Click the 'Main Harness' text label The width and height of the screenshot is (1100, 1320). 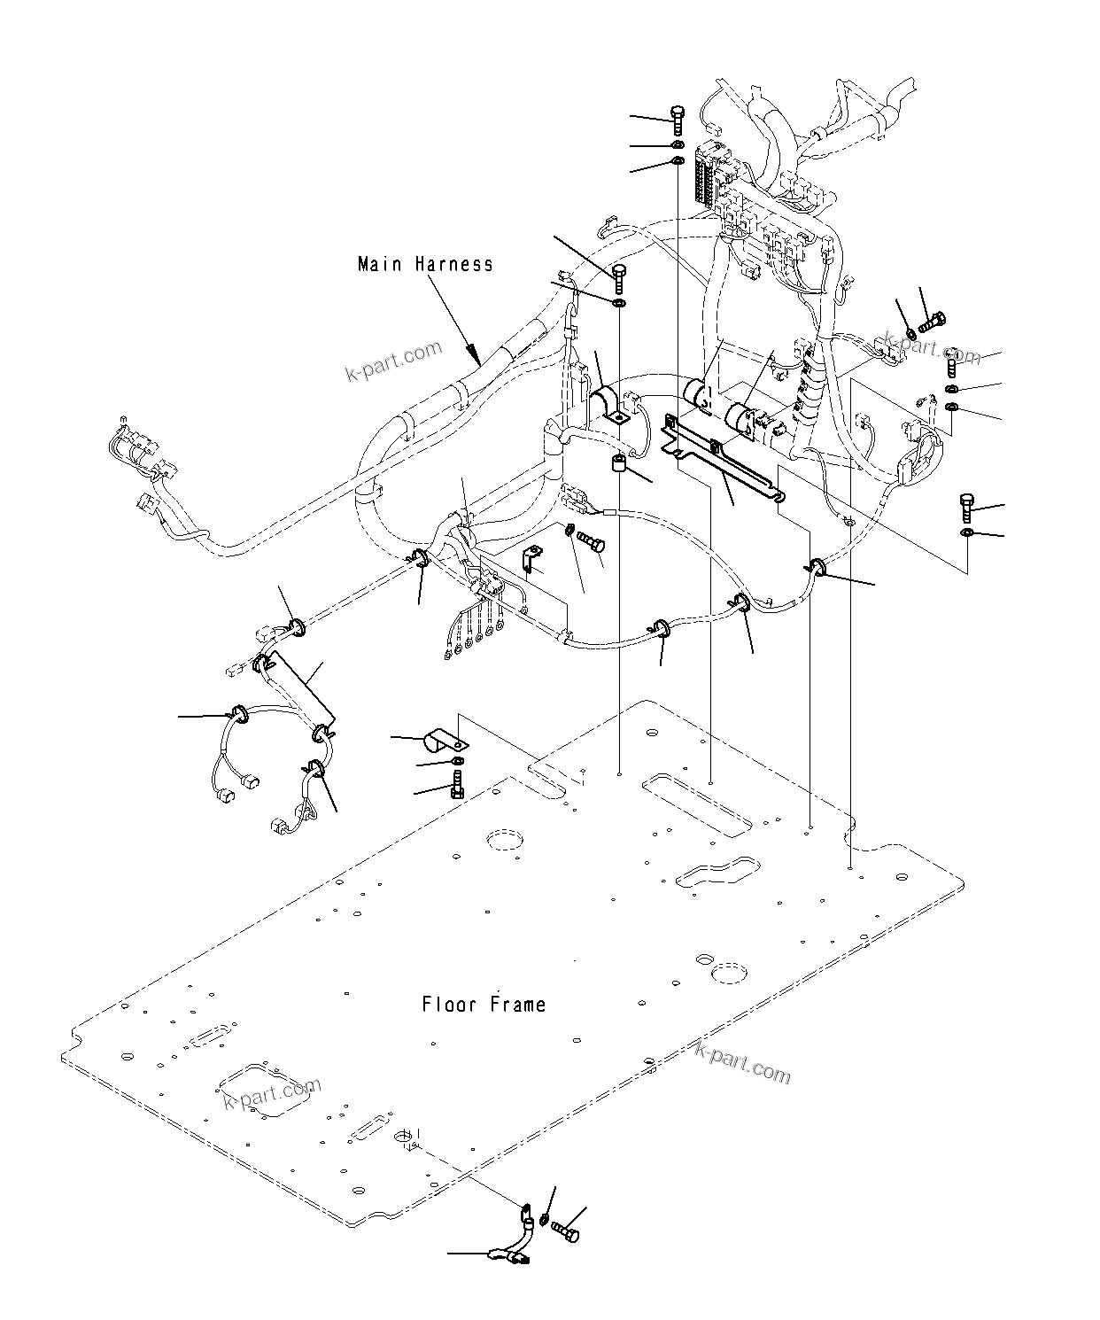[425, 264]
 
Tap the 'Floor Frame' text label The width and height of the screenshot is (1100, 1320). [484, 1005]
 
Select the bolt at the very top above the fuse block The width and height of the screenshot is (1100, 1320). [678, 119]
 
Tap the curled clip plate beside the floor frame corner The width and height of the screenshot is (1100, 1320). [445, 739]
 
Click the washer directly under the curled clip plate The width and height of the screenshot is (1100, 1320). [456, 761]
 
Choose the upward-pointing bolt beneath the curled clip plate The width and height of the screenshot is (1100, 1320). [457, 784]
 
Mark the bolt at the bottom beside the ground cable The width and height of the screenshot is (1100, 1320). [565, 1229]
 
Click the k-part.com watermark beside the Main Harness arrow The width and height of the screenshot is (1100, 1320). [392, 361]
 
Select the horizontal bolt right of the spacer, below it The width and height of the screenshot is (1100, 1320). [591, 540]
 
